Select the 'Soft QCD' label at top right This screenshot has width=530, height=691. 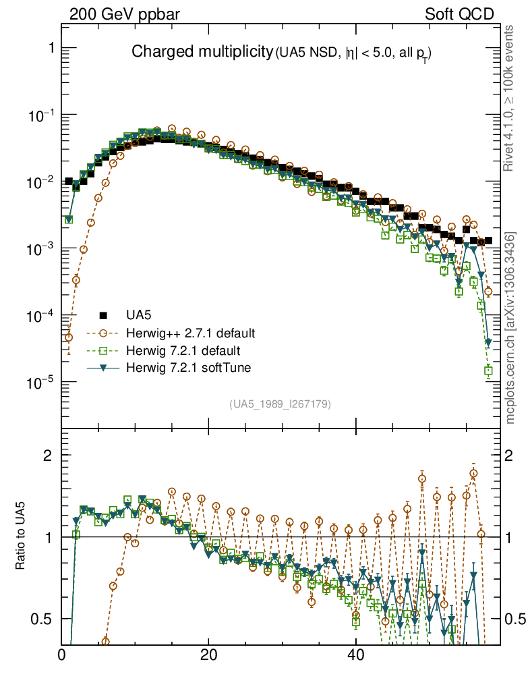tap(460, 14)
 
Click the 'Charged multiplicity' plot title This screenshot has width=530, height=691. tap(201, 52)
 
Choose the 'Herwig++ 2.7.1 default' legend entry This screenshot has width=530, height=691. tap(190, 333)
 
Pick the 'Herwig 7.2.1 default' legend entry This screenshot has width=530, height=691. tap(183, 351)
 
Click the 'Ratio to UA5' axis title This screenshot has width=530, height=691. tap(21, 536)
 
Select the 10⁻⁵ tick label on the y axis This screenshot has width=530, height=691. tap(41, 383)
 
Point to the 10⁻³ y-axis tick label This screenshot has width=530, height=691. tap(41, 249)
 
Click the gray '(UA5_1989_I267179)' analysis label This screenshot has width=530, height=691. tap(280, 404)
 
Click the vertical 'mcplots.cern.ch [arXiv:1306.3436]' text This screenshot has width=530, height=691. tap(510, 327)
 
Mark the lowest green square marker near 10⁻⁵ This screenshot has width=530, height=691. tap(488, 370)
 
